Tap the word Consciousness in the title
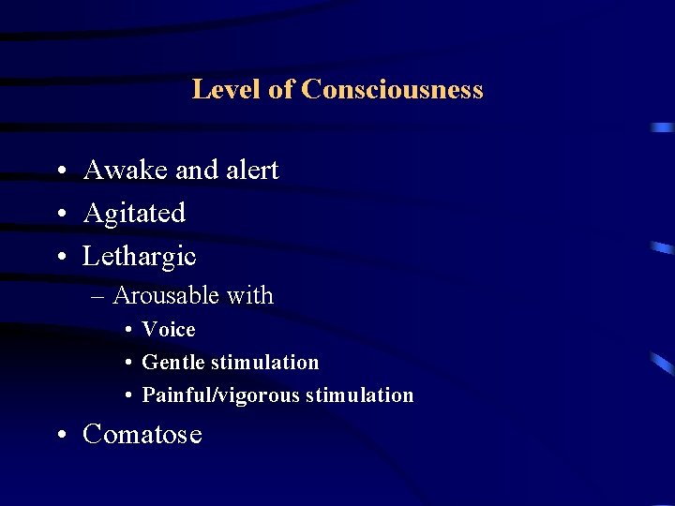click(393, 89)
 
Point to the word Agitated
click(134, 214)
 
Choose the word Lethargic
click(140, 256)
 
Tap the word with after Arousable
click(249, 296)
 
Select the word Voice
click(169, 330)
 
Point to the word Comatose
click(142, 435)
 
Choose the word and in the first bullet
click(196, 170)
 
